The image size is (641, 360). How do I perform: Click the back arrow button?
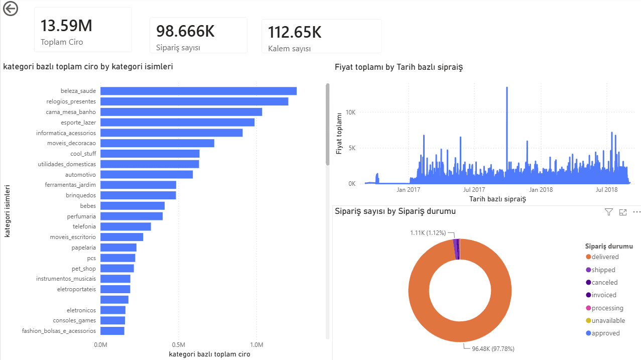pos(11,9)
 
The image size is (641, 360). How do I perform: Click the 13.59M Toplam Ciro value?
pos(66,26)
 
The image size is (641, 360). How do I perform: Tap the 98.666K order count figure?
pos(185,31)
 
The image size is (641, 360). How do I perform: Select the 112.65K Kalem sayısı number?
pos(295,32)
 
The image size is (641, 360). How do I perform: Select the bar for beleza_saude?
pos(198,91)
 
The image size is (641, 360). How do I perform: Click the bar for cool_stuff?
pos(150,154)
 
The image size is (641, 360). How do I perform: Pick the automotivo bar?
pos(147,175)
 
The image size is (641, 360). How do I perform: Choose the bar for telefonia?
pos(125,226)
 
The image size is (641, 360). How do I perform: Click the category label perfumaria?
pos(81,216)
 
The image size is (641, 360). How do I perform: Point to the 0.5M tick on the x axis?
pos(179,345)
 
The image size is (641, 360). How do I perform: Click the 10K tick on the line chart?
pos(350,112)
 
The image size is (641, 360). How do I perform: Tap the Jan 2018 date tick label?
pos(541,189)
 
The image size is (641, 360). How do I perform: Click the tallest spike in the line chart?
pos(507,87)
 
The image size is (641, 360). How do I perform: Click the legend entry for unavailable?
pos(605,320)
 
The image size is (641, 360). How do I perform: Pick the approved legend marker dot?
pos(588,333)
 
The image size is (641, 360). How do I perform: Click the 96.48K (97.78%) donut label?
pos(493,349)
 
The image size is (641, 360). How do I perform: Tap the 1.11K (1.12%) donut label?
pos(428,233)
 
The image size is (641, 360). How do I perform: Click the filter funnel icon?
pos(609,212)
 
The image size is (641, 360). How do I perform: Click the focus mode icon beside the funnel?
pos(623,212)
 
